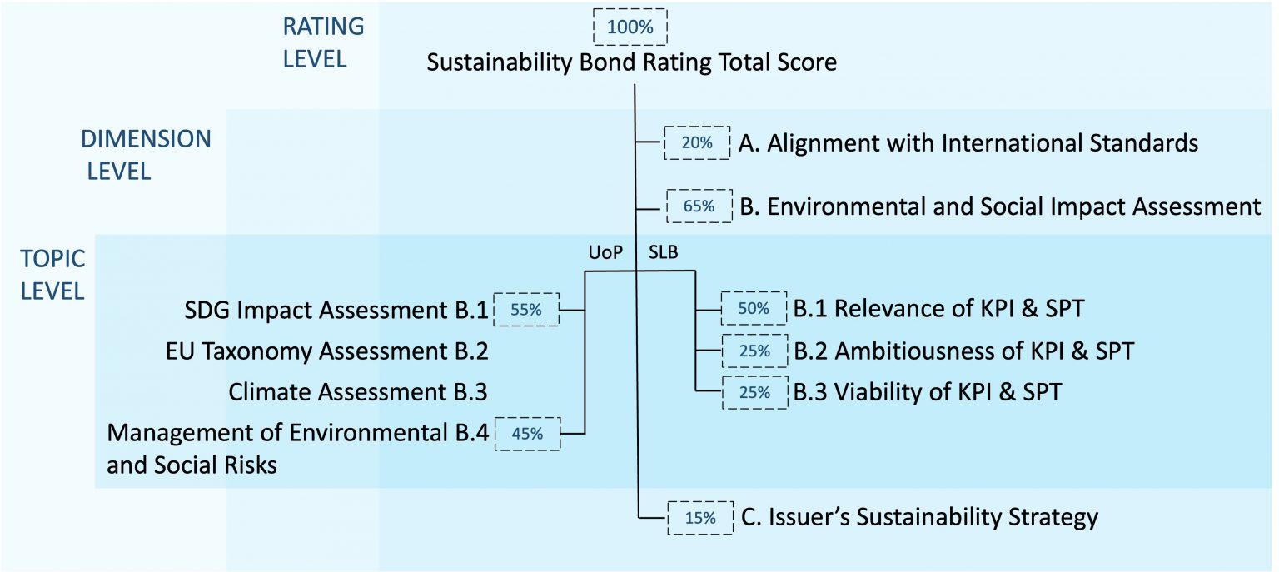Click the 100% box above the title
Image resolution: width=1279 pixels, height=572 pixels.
point(630,27)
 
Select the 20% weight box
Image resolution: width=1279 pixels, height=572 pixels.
point(696,142)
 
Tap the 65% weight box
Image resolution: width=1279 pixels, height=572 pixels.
point(699,206)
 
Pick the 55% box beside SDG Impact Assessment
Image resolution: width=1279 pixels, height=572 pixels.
point(526,310)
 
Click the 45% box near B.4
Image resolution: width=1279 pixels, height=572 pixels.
point(527,433)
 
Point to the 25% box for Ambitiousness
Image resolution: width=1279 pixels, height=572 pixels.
point(754,351)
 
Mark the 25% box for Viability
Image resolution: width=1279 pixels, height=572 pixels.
point(754,392)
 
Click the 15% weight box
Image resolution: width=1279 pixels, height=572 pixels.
point(699,517)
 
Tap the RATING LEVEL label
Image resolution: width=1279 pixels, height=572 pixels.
point(323,42)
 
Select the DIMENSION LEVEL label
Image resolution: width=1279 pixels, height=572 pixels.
point(146,155)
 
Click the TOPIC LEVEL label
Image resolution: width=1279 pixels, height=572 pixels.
point(52,275)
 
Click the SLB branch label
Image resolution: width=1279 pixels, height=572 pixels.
point(664,254)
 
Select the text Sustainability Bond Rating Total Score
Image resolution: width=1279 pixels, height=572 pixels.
point(631,62)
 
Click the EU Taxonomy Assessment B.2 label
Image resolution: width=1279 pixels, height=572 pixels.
point(326,351)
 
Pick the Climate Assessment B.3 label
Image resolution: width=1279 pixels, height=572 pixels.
point(357,392)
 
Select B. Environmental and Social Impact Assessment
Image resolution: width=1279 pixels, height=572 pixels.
point(1000,206)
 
